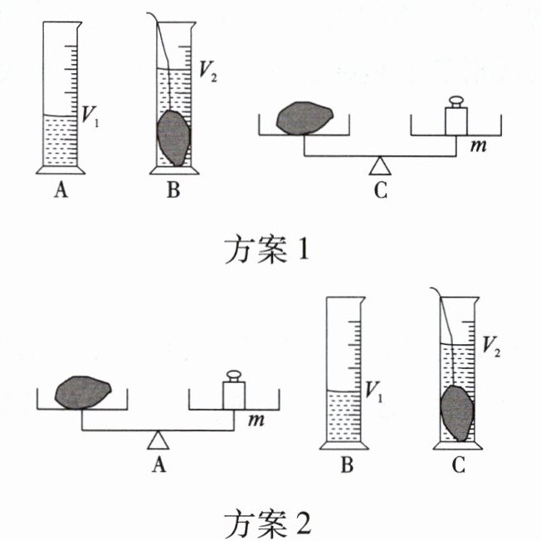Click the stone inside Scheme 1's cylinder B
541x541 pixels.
point(173,136)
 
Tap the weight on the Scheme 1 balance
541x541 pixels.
point(456,116)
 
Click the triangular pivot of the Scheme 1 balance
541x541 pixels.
point(380,163)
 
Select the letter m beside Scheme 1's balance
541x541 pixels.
point(478,146)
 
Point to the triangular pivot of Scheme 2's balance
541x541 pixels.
point(158,437)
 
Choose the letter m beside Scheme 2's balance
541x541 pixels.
point(257,421)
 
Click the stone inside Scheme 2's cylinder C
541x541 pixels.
point(456,413)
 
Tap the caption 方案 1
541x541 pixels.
point(266,248)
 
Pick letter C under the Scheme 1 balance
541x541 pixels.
point(380,191)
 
